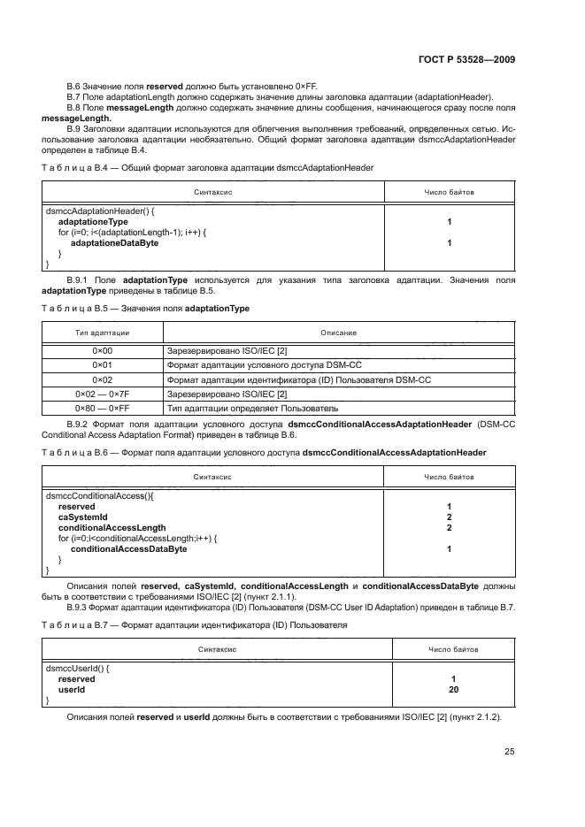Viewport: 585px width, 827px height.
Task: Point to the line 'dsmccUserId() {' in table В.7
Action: pos(75,669)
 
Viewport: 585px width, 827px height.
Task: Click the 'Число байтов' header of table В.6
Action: pos(450,477)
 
